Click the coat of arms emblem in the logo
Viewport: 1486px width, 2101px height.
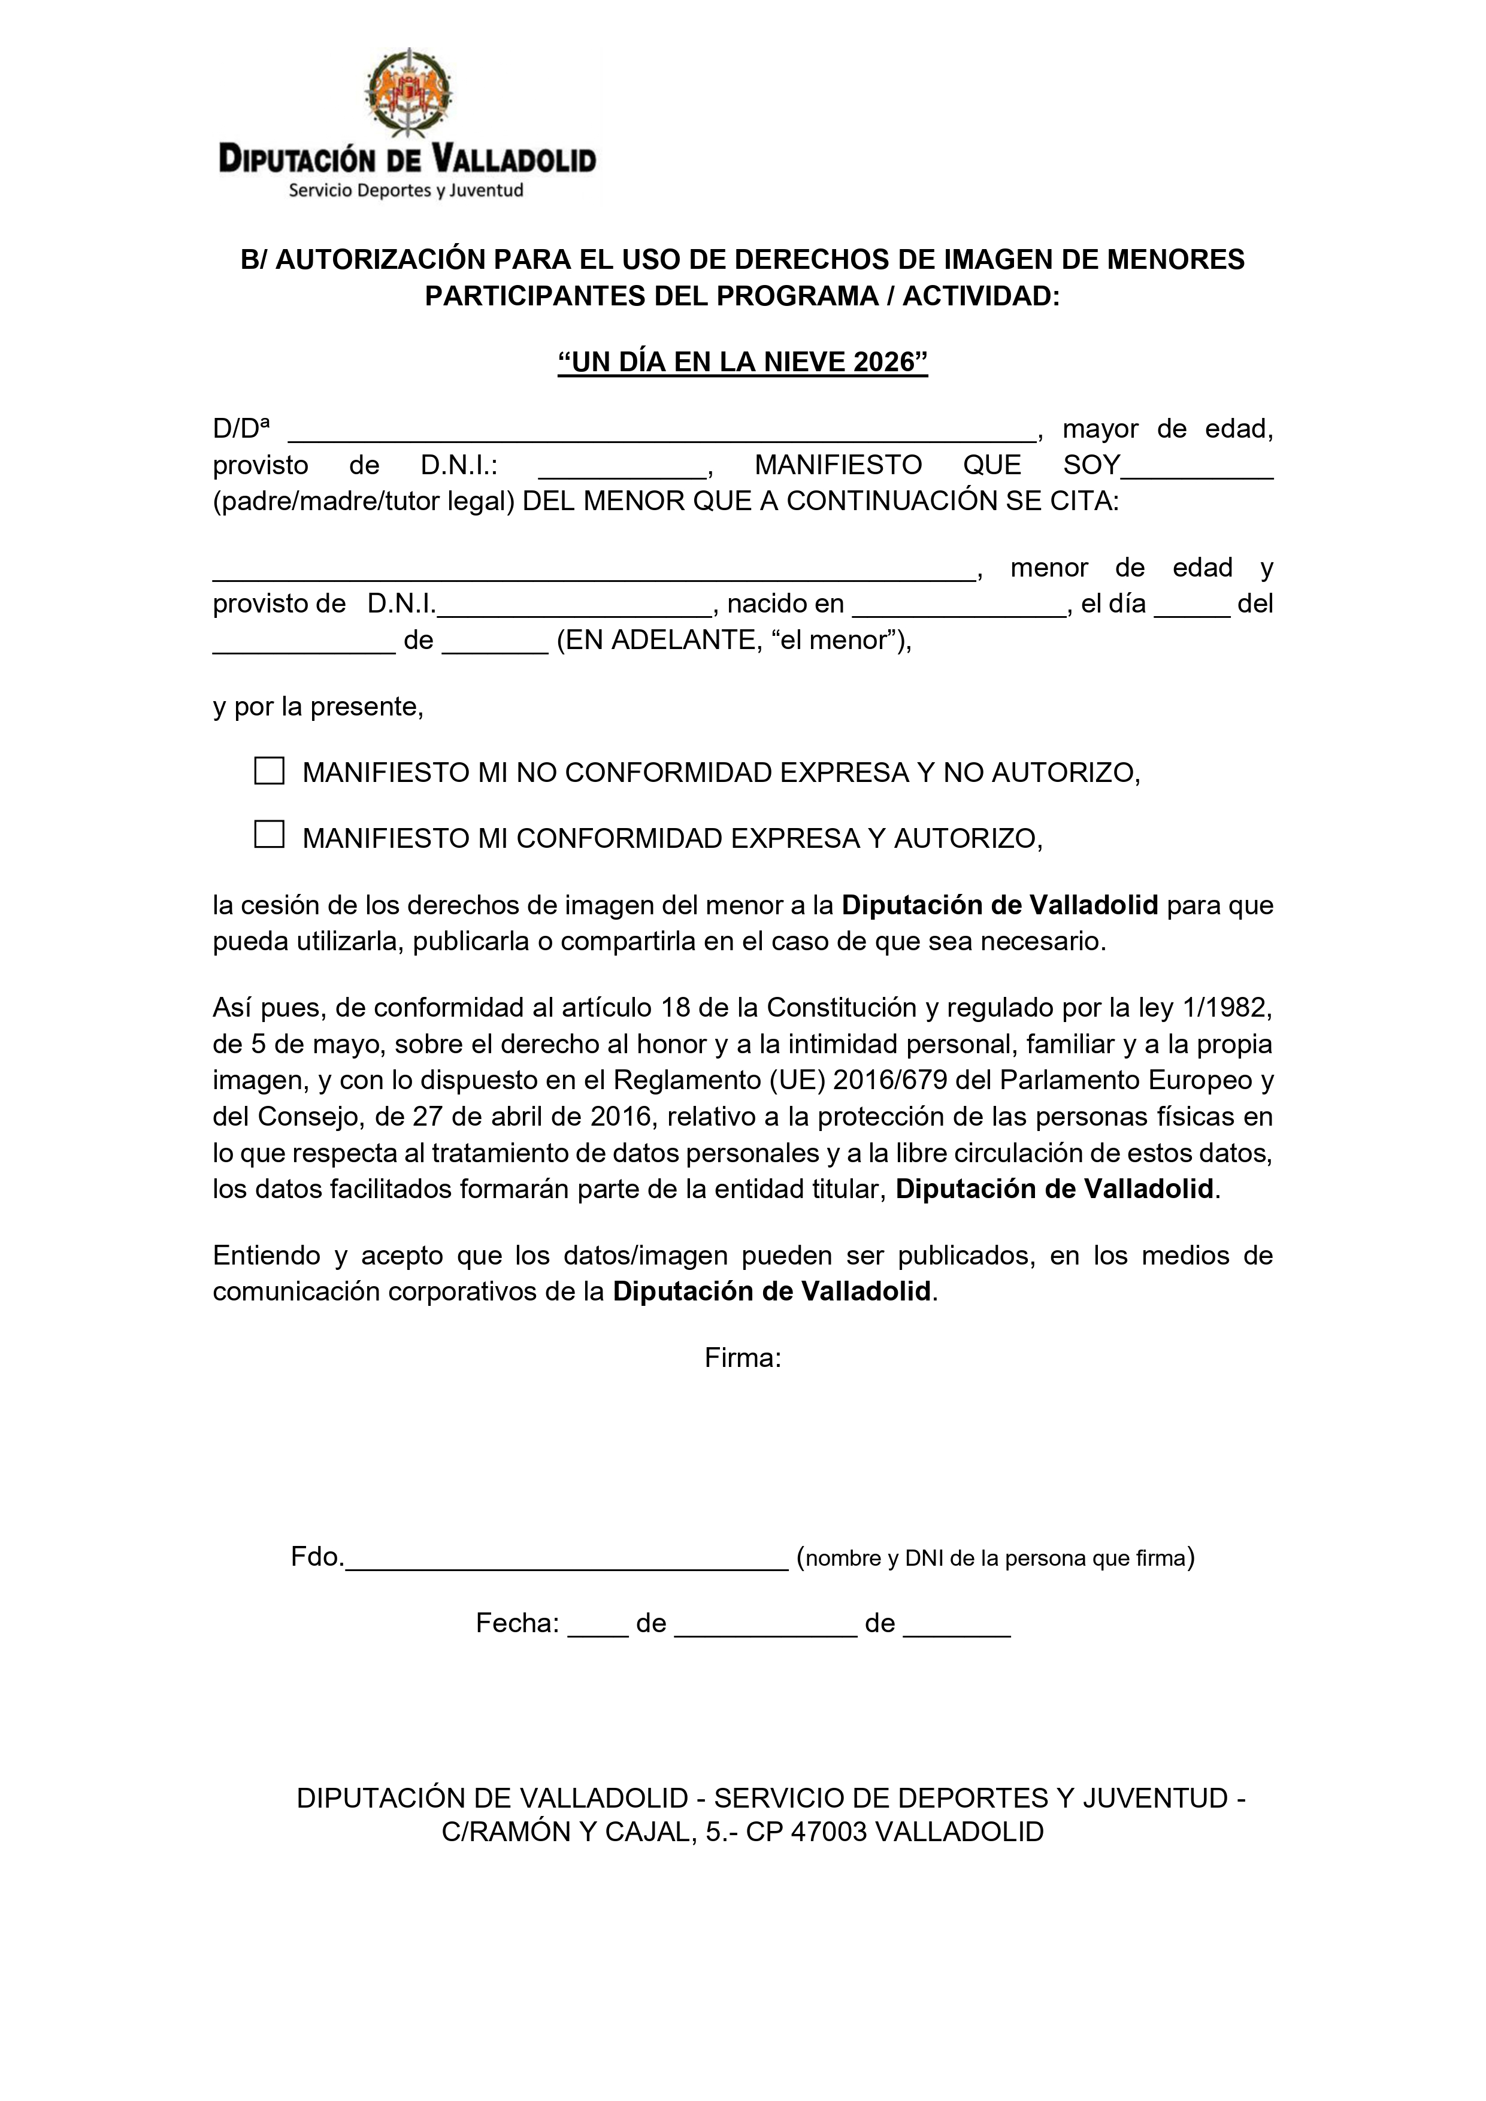point(408,92)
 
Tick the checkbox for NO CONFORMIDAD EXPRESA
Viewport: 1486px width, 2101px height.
point(268,771)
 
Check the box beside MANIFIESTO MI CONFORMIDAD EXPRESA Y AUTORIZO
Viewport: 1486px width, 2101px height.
point(268,835)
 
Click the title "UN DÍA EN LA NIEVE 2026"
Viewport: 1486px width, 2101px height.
point(743,362)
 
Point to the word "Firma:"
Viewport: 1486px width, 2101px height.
point(743,1358)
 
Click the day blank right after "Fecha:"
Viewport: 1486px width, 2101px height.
point(598,1625)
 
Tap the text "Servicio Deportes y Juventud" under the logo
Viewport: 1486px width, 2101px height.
point(405,190)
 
